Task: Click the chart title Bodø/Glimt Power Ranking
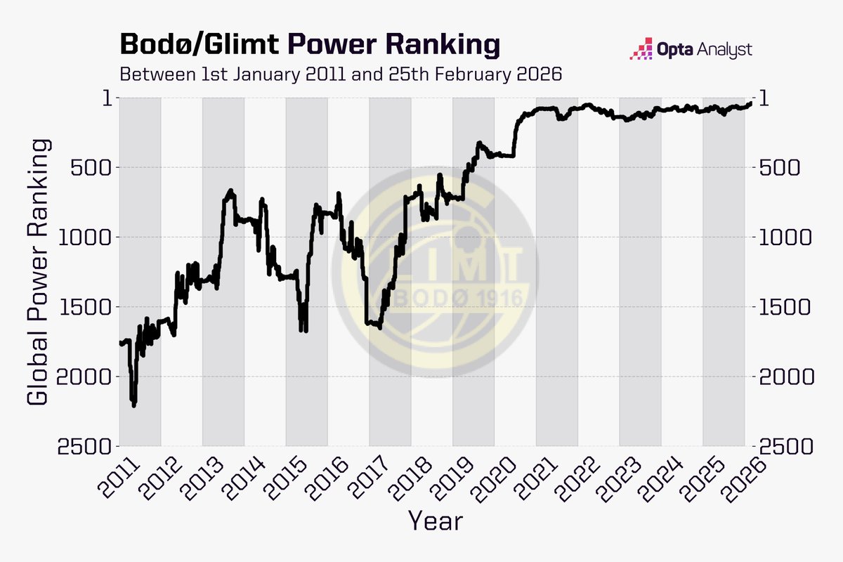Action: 310,45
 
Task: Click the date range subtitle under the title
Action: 341,74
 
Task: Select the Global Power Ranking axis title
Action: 40,273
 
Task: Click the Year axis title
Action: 436,521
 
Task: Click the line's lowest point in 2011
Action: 134,405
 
